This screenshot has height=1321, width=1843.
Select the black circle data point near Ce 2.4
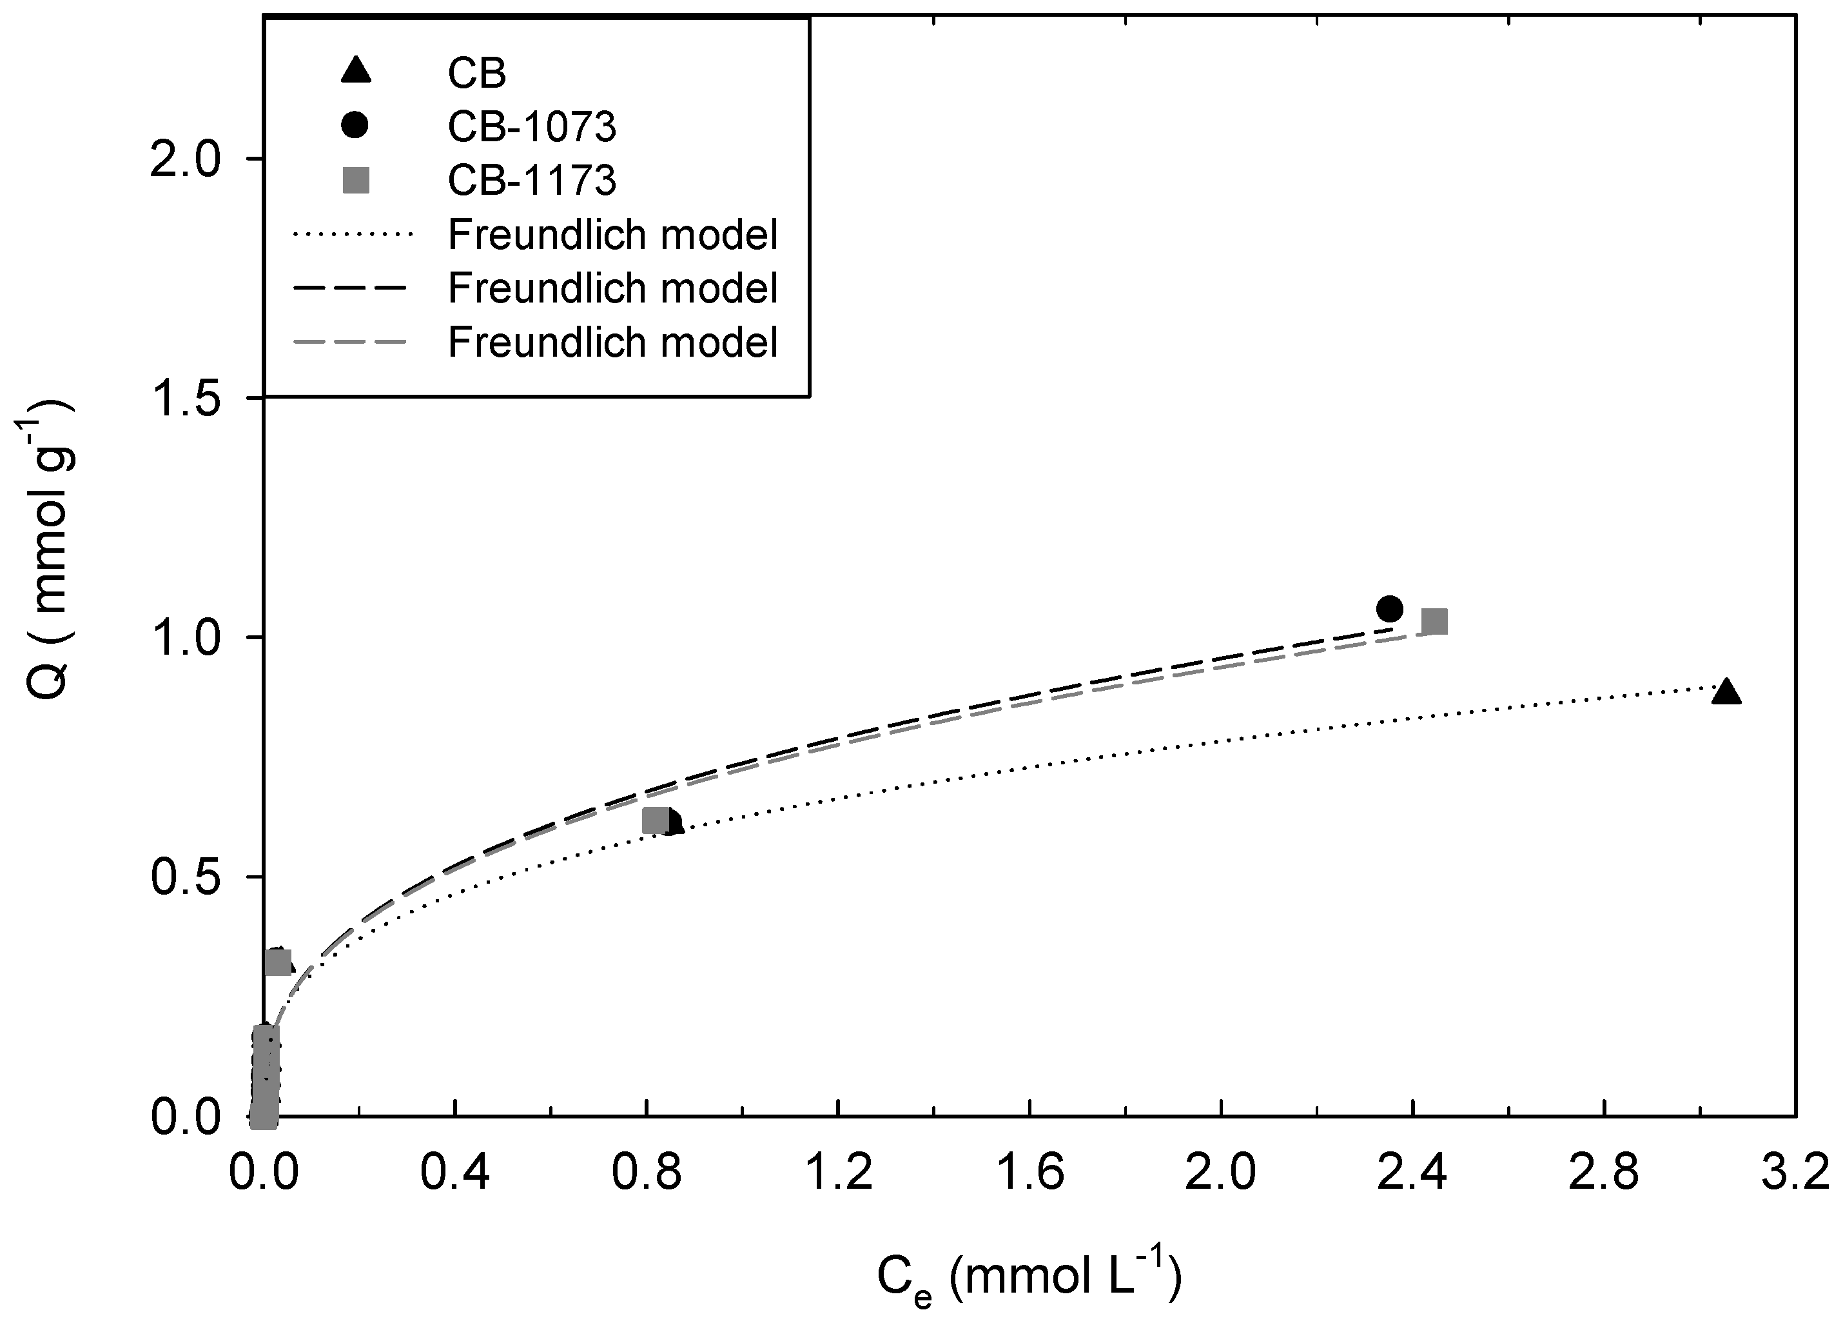pos(1390,608)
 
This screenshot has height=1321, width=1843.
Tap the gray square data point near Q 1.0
pos(1435,622)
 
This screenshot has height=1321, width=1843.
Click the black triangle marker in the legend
pos(356,72)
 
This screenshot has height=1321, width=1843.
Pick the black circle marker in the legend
pos(356,125)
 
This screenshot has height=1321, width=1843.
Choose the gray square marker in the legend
pos(356,180)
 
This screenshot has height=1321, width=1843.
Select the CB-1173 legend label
pos(532,181)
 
